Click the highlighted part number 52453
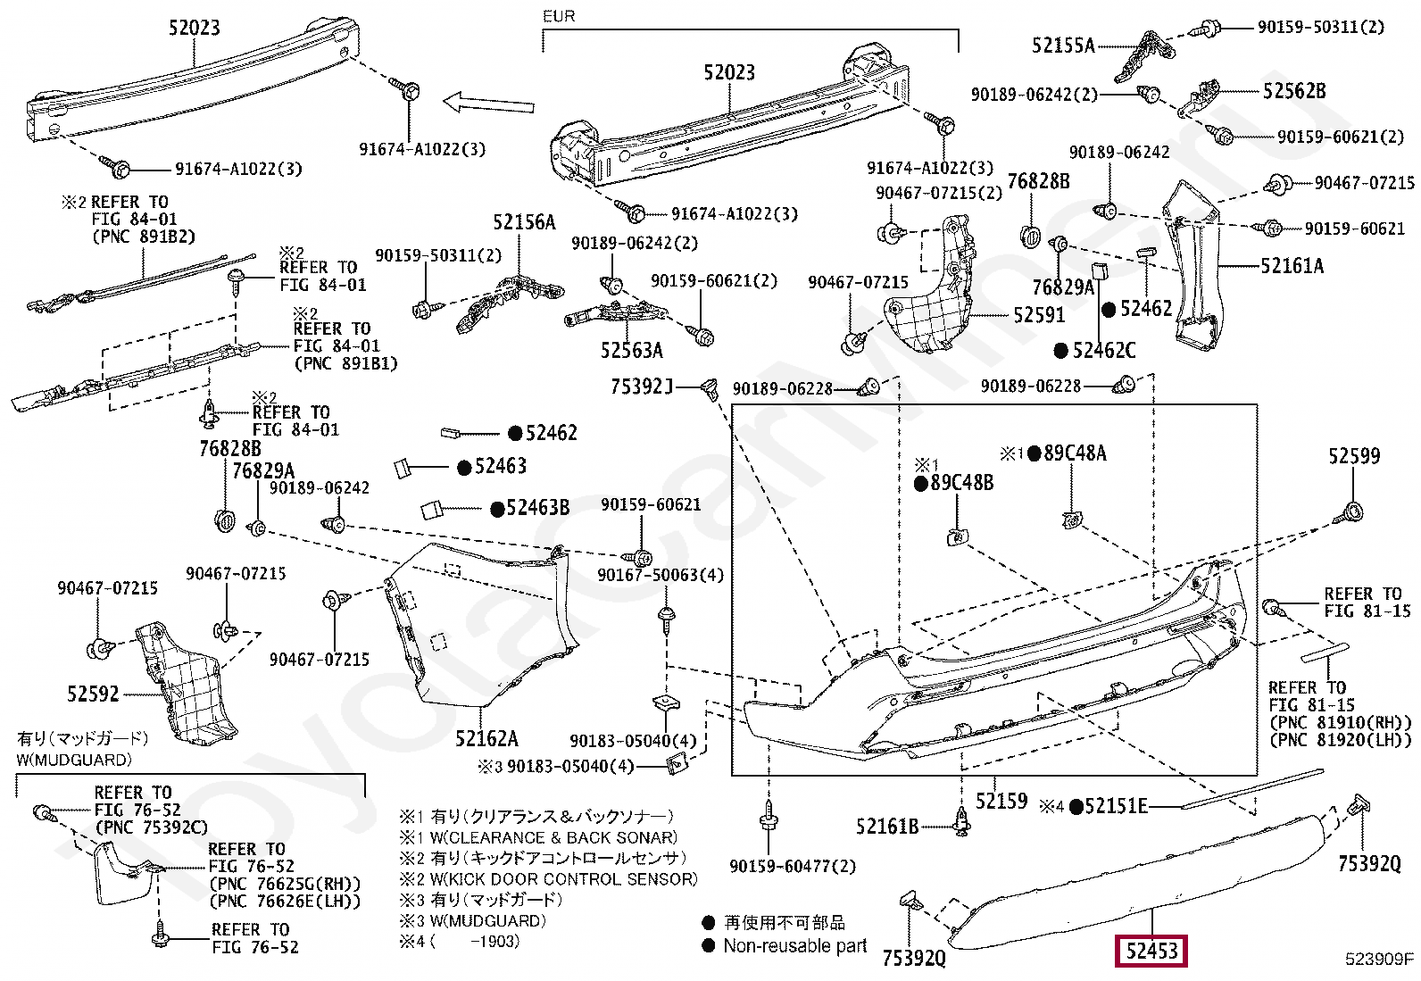coord(1151,951)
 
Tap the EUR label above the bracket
coord(559,16)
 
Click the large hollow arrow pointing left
coord(488,103)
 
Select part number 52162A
coord(486,738)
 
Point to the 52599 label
coord(1354,455)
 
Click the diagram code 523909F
coord(1380,958)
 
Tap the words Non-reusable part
coord(795,946)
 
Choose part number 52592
coord(93,694)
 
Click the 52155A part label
coord(1063,45)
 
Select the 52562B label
coord(1294,91)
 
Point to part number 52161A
coord(1292,265)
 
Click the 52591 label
coord(1039,315)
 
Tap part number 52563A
coord(632,350)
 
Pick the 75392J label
coord(642,387)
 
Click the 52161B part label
coord(887,827)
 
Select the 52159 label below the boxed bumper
coord(1001,801)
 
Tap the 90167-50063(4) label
coord(661,575)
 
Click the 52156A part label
coord(524,222)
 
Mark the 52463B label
coord(531,508)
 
